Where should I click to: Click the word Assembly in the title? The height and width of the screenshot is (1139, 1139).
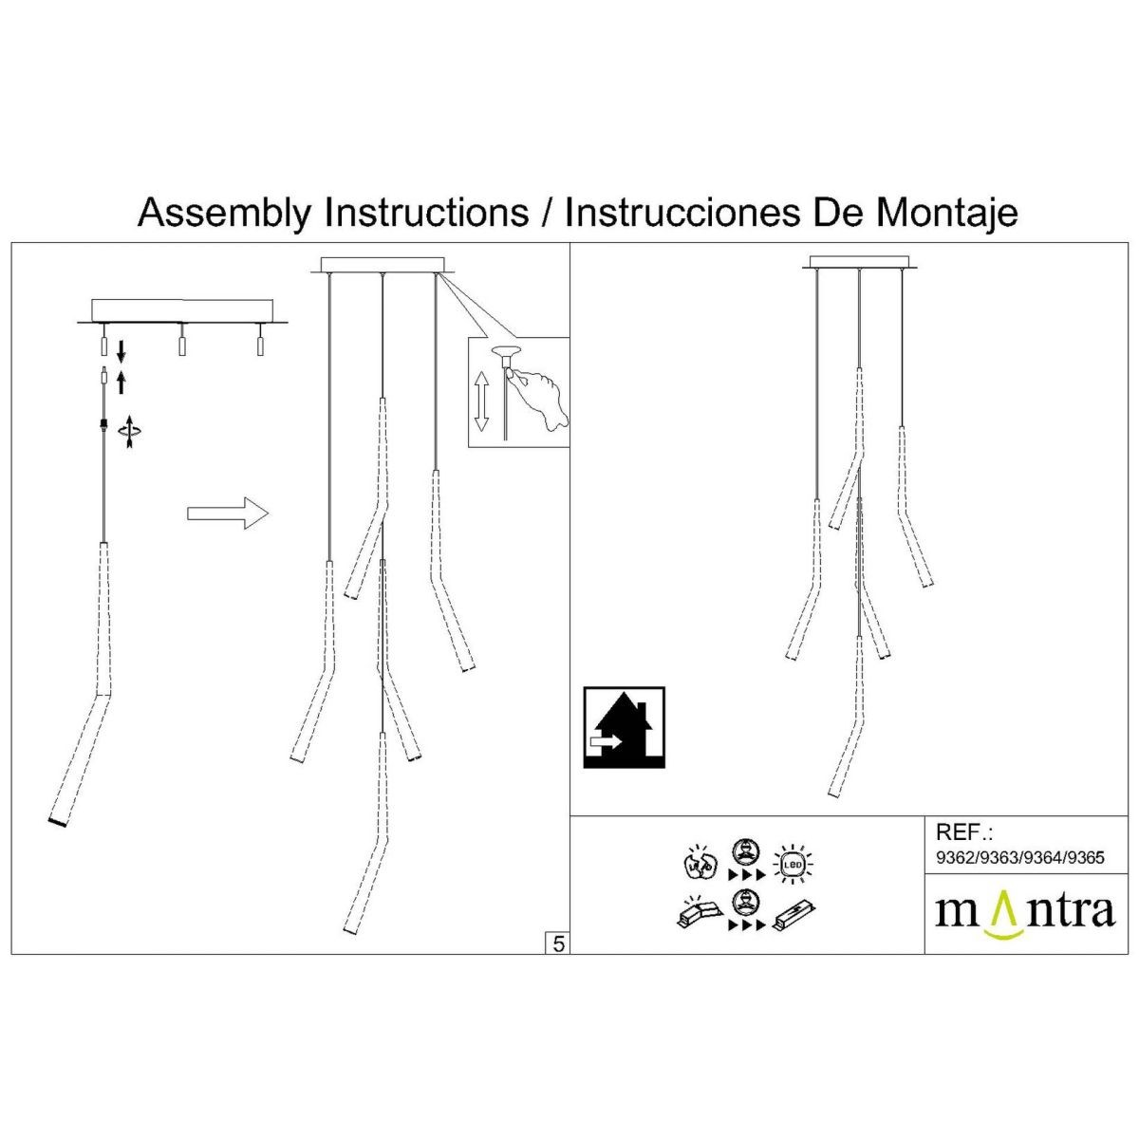(223, 212)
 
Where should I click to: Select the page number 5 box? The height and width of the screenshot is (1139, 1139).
(558, 943)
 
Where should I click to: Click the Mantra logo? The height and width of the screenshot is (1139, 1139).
(1025, 912)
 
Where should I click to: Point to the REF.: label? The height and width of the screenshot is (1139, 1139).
(963, 832)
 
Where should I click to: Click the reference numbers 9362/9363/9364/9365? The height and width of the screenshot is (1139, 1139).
(1020, 858)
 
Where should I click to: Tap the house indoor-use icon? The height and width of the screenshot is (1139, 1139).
(623, 728)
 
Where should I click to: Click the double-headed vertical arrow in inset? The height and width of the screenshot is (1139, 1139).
(481, 401)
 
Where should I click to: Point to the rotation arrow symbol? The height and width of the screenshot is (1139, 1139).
(129, 432)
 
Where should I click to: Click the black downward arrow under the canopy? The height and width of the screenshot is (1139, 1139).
(121, 351)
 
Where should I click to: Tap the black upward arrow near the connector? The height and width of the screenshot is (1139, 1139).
(121, 383)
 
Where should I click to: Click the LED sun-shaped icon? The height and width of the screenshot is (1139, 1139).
(793, 865)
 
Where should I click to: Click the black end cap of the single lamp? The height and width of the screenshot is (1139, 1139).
(58, 821)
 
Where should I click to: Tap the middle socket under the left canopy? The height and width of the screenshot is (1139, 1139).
(180, 343)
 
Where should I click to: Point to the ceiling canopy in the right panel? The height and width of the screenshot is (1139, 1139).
(861, 261)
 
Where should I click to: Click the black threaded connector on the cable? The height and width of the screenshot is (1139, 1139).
(103, 424)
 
